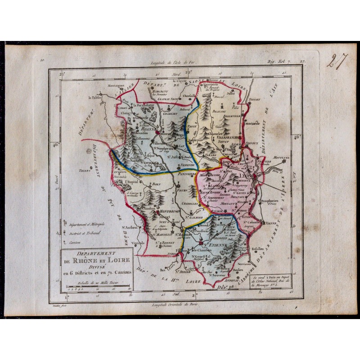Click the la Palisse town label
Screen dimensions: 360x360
point(96,97)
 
